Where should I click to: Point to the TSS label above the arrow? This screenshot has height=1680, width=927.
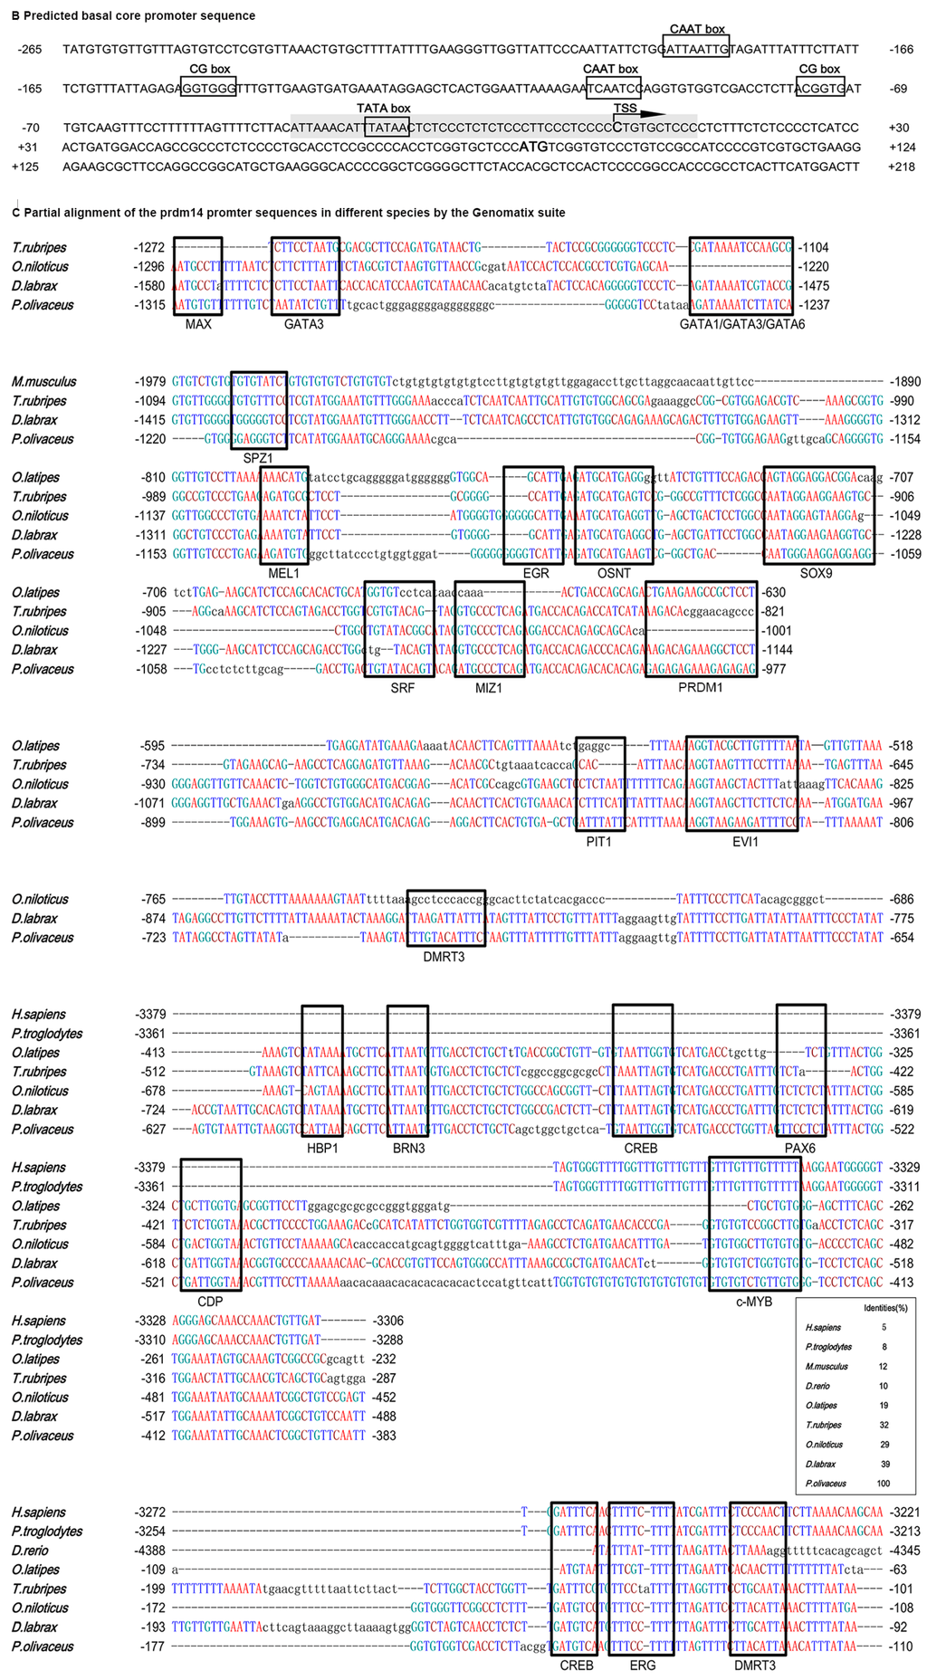pos(626,109)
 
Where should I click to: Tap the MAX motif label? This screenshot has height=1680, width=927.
pos(197,323)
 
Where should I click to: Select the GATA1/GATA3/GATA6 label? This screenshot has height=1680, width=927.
pos(741,323)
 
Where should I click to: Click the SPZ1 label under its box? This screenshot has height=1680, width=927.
pos(258,458)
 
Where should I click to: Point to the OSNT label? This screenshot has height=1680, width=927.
pos(614,573)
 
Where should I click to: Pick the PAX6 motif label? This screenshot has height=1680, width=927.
pos(800,1148)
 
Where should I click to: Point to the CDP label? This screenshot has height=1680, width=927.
pos(209,1301)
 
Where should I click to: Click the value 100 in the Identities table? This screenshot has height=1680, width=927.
pos(883,1484)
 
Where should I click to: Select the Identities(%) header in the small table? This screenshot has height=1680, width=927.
pos(886,1308)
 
